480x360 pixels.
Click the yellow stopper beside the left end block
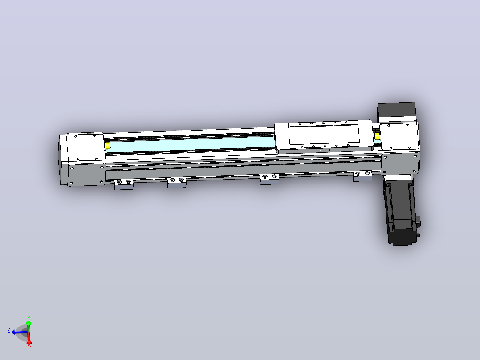tap(107, 146)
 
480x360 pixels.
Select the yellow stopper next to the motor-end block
tap(378, 136)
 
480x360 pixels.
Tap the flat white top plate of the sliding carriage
tap(324, 135)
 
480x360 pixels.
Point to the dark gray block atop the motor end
tap(396, 111)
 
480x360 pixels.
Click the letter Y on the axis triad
tap(29, 317)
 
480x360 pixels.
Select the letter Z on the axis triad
tap(9, 330)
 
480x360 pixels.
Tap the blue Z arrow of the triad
tap(19, 332)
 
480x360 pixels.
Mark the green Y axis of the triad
tap(29, 327)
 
